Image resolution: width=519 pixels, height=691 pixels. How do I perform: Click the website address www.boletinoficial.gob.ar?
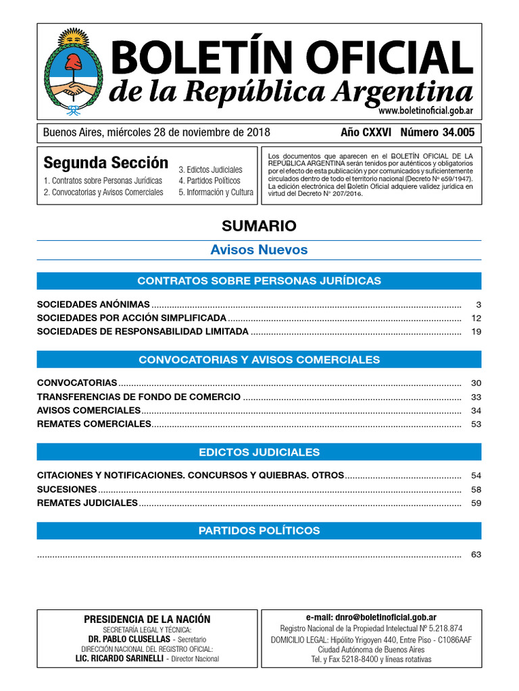pyautogui.click(x=425, y=111)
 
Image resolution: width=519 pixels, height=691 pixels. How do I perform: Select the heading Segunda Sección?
pyautogui.click(x=105, y=163)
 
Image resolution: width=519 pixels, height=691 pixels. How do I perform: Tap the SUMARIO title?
pyautogui.click(x=259, y=225)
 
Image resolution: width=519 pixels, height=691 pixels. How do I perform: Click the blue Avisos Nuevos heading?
pyautogui.click(x=259, y=250)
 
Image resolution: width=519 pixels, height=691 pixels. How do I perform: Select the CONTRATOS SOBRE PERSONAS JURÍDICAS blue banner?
pyautogui.click(x=259, y=281)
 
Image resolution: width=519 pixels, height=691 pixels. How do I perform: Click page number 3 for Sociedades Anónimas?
pyautogui.click(x=477, y=304)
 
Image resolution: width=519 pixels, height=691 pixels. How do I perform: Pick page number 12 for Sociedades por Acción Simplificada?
pyautogui.click(x=476, y=318)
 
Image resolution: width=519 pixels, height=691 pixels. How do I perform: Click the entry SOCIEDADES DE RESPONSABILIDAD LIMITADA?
pyautogui.click(x=143, y=331)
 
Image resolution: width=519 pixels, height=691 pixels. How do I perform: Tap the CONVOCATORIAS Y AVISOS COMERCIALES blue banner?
pyautogui.click(x=259, y=360)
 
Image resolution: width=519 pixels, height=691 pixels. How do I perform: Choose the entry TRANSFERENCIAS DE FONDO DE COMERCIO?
pyautogui.click(x=139, y=397)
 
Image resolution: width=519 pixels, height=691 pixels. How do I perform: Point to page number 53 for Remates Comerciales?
pyautogui.click(x=476, y=424)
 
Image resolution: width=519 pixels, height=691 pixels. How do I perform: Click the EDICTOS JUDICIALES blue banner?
pyautogui.click(x=259, y=451)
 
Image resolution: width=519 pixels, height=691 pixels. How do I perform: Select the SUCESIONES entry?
pyautogui.click(x=67, y=489)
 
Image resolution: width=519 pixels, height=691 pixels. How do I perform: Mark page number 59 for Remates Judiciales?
pyautogui.click(x=476, y=503)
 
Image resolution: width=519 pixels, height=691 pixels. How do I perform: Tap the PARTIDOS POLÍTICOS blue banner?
pyautogui.click(x=259, y=530)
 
